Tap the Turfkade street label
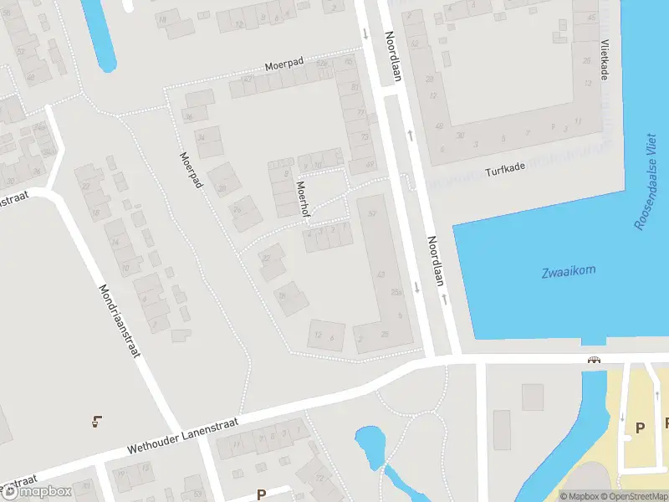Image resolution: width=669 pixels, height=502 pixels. coord(504,170)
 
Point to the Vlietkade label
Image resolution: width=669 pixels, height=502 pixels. coord(604,61)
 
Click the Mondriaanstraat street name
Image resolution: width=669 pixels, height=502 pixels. coord(116,320)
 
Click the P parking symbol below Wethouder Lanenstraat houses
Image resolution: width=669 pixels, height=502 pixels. coord(261,494)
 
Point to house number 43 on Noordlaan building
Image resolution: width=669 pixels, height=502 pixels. coord(381,274)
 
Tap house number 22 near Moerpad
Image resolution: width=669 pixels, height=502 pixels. coord(267,257)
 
